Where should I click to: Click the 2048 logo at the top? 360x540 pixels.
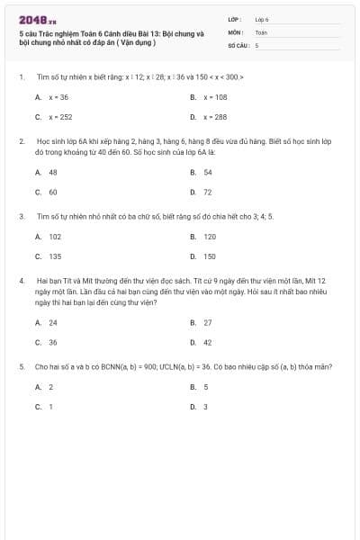click(x=37, y=20)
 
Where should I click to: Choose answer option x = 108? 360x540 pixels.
click(x=215, y=96)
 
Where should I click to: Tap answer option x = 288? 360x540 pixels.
click(x=215, y=117)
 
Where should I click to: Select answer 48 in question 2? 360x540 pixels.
click(x=53, y=172)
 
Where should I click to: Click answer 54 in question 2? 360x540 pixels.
click(x=208, y=172)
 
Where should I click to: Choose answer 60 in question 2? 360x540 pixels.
click(x=53, y=192)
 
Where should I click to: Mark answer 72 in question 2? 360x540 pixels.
click(x=208, y=192)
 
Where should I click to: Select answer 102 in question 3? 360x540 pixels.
click(x=55, y=236)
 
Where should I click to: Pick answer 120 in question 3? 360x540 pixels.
click(x=210, y=236)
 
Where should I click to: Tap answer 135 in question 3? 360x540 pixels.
click(x=55, y=256)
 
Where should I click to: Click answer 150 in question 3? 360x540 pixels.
click(x=210, y=256)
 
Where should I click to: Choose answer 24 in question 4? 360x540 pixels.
click(x=53, y=322)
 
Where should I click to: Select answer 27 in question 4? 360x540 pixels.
click(x=208, y=322)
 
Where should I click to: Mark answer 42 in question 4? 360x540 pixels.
click(x=208, y=342)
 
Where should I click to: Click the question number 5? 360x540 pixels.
click(x=21, y=367)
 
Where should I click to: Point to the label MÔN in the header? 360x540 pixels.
click(x=236, y=31)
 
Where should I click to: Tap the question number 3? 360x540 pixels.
click(x=21, y=217)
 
